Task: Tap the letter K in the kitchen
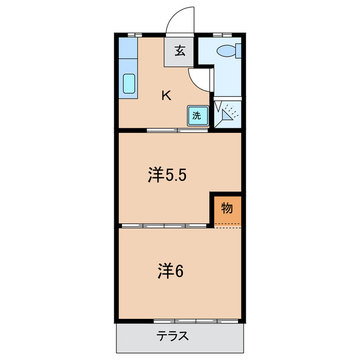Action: point(166,95)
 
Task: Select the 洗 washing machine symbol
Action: point(197,116)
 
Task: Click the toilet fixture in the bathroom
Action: point(229,51)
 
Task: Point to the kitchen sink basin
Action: point(129,84)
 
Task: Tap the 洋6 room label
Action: point(170,272)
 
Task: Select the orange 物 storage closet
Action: point(227,209)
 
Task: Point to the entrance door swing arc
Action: point(180,20)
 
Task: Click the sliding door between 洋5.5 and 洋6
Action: point(164,226)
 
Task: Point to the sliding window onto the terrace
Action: point(197,321)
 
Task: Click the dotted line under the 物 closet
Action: point(227,228)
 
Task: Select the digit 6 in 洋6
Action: point(179,272)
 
